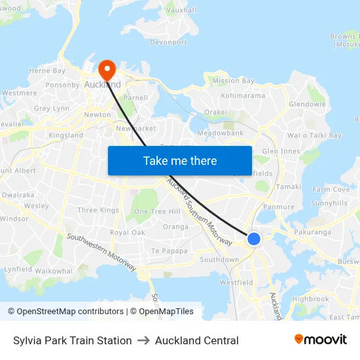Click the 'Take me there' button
tap(179, 160)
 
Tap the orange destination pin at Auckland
tap(106, 70)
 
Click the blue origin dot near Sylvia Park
tap(253, 239)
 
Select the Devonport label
tap(168, 43)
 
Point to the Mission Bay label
tap(233, 81)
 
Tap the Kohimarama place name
tap(243, 96)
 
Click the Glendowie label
tap(307, 104)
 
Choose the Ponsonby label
tap(63, 85)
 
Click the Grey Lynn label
tap(51, 109)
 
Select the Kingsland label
tap(65, 135)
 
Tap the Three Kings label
tap(98, 210)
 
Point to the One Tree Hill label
tap(157, 211)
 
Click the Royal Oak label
tap(127, 232)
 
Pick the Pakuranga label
tap(313, 232)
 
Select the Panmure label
tap(279, 207)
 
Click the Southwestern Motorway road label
tap(101, 252)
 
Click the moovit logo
tap(320, 340)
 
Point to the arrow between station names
tap(143, 340)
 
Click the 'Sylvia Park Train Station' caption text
tap(72, 340)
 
